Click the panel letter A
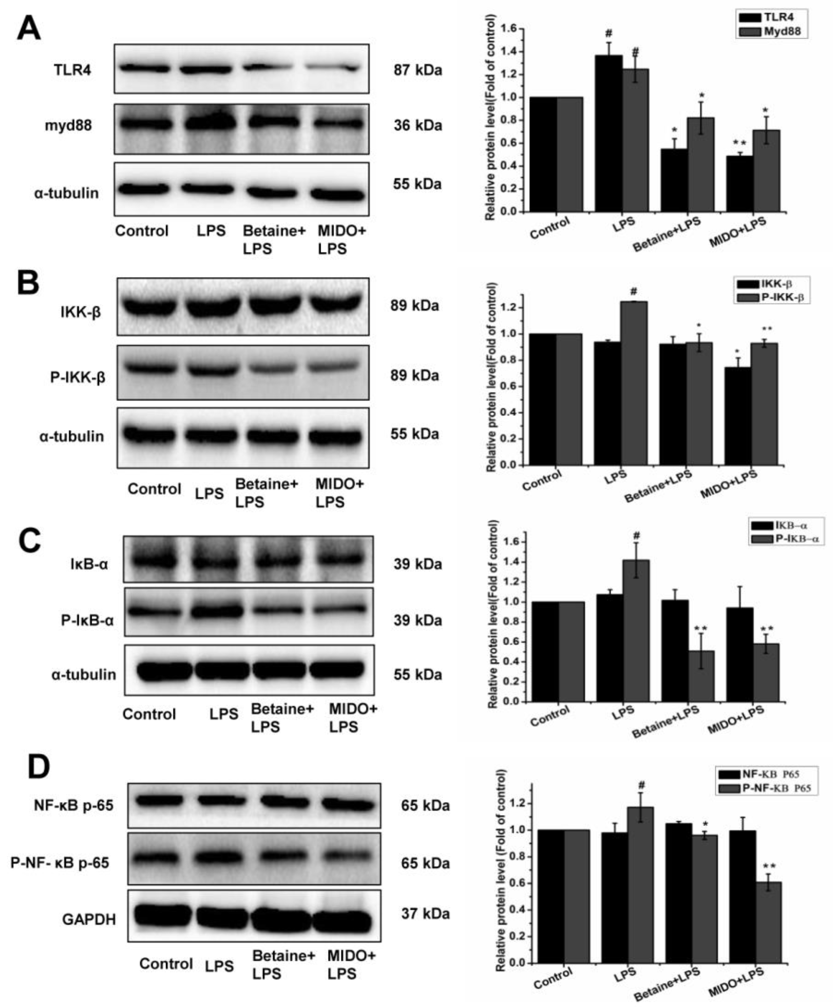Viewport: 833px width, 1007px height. click(28, 29)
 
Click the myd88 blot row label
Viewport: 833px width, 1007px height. click(68, 126)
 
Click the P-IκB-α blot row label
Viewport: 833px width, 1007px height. click(87, 621)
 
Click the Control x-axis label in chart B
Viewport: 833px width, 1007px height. click(542, 480)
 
